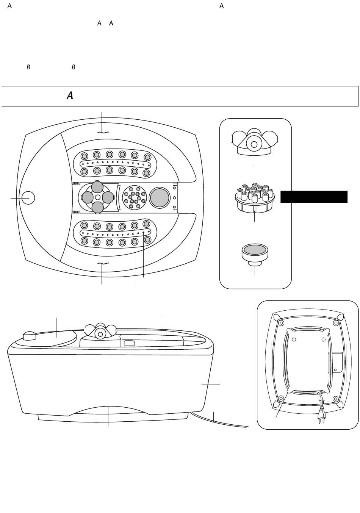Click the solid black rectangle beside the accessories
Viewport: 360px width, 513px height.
point(314,197)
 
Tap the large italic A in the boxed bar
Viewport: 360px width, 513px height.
point(70,95)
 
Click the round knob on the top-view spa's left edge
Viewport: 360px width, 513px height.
point(28,198)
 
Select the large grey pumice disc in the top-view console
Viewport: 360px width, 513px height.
point(160,198)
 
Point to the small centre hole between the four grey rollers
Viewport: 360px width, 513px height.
point(98,197)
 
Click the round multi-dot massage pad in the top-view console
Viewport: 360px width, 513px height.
point(135,197)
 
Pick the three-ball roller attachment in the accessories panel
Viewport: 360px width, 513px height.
point(254,142)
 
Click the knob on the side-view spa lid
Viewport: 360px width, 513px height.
point(30,336)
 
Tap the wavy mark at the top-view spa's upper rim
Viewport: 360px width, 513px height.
point(103,132)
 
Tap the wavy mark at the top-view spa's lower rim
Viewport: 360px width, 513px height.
point(103,264)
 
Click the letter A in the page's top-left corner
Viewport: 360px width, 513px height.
point(9,6)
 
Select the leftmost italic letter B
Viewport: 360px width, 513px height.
point(28,67)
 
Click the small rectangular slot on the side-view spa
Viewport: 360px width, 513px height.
point(129,343)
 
